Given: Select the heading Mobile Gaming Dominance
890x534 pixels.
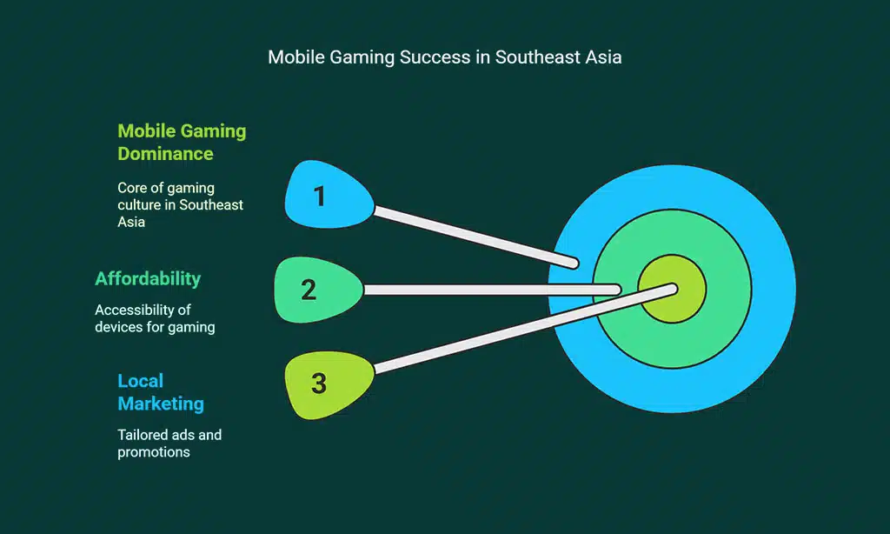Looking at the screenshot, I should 182,143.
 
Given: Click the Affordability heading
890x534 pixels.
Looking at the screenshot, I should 148,279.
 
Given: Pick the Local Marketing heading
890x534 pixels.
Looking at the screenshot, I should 161,392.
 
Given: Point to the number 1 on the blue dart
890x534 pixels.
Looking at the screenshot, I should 320,197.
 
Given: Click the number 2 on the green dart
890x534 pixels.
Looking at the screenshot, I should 309,290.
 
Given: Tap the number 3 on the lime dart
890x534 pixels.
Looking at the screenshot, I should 319,383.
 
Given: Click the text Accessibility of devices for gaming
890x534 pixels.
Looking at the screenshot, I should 155,318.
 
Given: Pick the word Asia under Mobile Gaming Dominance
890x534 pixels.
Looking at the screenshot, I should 132,222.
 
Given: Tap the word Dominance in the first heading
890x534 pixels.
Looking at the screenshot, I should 165,154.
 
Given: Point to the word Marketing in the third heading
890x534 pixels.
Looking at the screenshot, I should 161,404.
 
